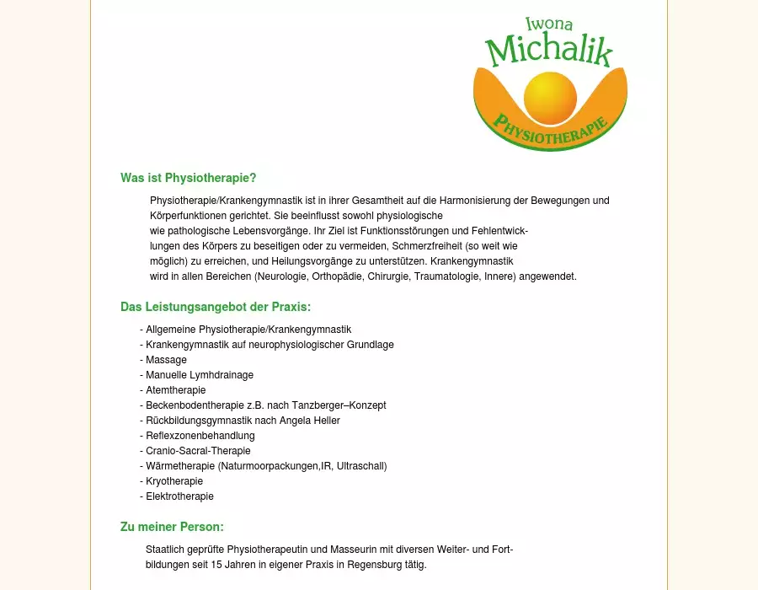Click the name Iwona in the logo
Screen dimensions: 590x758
[x=548, y=24]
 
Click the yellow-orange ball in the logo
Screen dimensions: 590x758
[x=550, y=97]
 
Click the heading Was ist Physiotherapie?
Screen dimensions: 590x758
[x=188, y=178]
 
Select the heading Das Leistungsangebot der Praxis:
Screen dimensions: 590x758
[x=216, y=307]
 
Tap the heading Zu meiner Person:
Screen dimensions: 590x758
[x=172, y=528]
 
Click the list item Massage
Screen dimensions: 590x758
[x=166, y=360]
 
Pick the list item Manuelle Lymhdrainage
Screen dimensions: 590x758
[x=199, y=375]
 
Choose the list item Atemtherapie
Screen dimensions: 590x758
[x=175, y=390]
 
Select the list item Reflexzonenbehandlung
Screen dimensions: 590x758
[x=200, y=436]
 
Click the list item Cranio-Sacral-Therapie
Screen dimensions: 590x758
[x=198, y=451]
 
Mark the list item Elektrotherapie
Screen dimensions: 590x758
[x=179, y=496]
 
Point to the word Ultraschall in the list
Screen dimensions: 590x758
[x=360, y=466]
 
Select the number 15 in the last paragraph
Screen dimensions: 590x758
[x=216, y=565]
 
